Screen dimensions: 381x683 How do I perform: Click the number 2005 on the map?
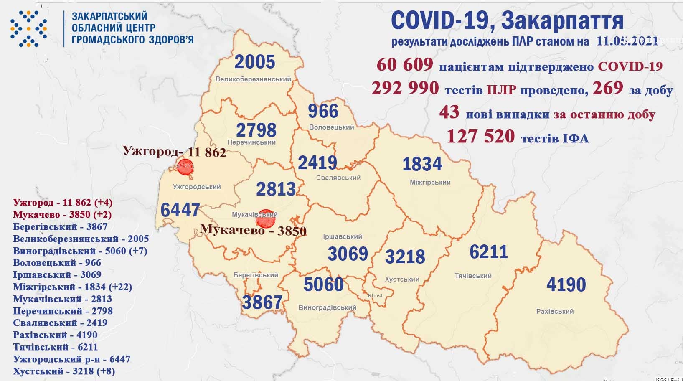tap(254, 62)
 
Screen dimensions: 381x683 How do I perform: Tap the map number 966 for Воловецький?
tap(323, 111)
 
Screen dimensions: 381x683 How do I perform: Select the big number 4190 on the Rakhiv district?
tap(566, 284)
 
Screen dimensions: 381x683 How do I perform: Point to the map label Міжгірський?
tap(430, 182)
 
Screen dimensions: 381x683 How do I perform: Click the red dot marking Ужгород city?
tap(185, 167)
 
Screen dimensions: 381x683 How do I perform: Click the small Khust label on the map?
tap(375, 295)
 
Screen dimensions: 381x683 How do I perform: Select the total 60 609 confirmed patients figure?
tap(404, 66)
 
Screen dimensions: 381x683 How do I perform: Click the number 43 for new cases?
tap(449, 112)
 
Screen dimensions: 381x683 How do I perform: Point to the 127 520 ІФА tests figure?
tap(480, 136)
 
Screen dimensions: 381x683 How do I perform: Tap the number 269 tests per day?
tap(607, 88)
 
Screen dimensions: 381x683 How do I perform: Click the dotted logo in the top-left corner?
tap(28, 28)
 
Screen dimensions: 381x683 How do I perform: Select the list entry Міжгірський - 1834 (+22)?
tap(72, 287)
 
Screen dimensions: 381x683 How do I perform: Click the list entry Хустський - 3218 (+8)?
tap(64, 371)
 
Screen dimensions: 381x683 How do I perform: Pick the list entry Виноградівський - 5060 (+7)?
tap(80, 251)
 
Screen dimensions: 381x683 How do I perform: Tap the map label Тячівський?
tap(473, 276)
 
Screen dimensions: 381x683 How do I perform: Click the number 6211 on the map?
tap(488, 252)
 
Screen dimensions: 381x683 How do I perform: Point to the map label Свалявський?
tap(338, 178)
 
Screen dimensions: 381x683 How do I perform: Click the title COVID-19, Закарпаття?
tap(507, 20)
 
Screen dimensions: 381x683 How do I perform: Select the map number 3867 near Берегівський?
tap(262, 302)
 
